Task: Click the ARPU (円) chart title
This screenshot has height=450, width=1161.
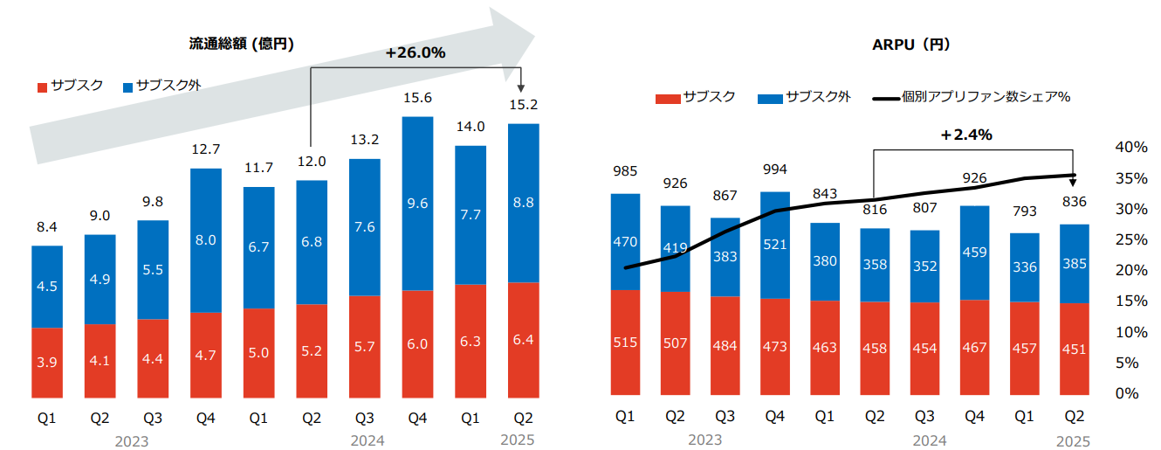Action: point(911,44)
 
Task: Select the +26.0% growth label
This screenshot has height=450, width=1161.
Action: point(415,52)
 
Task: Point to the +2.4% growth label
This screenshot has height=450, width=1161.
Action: point(966,135)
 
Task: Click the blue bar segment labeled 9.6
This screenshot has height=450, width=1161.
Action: point(417,203)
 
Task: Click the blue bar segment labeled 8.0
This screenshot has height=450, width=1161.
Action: point(206,239)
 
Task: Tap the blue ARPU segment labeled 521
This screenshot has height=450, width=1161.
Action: point(775,245)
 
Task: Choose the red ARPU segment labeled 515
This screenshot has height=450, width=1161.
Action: point(625,342)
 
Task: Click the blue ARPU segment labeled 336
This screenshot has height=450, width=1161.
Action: point(1024,267)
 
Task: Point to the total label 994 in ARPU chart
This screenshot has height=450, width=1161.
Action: point(775,170)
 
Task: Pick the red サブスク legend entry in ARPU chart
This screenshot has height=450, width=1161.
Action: point(696,97)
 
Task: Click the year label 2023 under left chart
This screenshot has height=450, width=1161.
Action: point(131,441)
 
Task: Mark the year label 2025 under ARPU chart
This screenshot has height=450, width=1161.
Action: point(1073,441)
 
